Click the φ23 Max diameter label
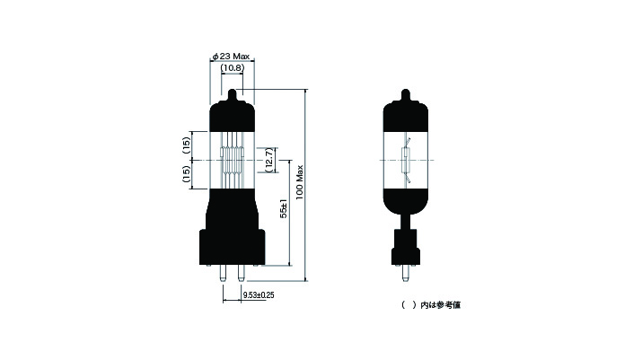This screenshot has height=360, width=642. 231,56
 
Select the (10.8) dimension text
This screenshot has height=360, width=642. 233,67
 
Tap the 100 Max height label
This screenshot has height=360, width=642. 299,182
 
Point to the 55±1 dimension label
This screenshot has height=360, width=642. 284,210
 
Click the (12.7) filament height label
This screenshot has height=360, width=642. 268,160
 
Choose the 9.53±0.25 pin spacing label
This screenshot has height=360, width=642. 259,294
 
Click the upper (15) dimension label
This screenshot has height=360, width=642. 186,145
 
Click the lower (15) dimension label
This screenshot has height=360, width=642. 186,174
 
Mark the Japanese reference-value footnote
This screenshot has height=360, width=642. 431,304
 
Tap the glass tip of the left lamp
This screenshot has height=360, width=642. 233,94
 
